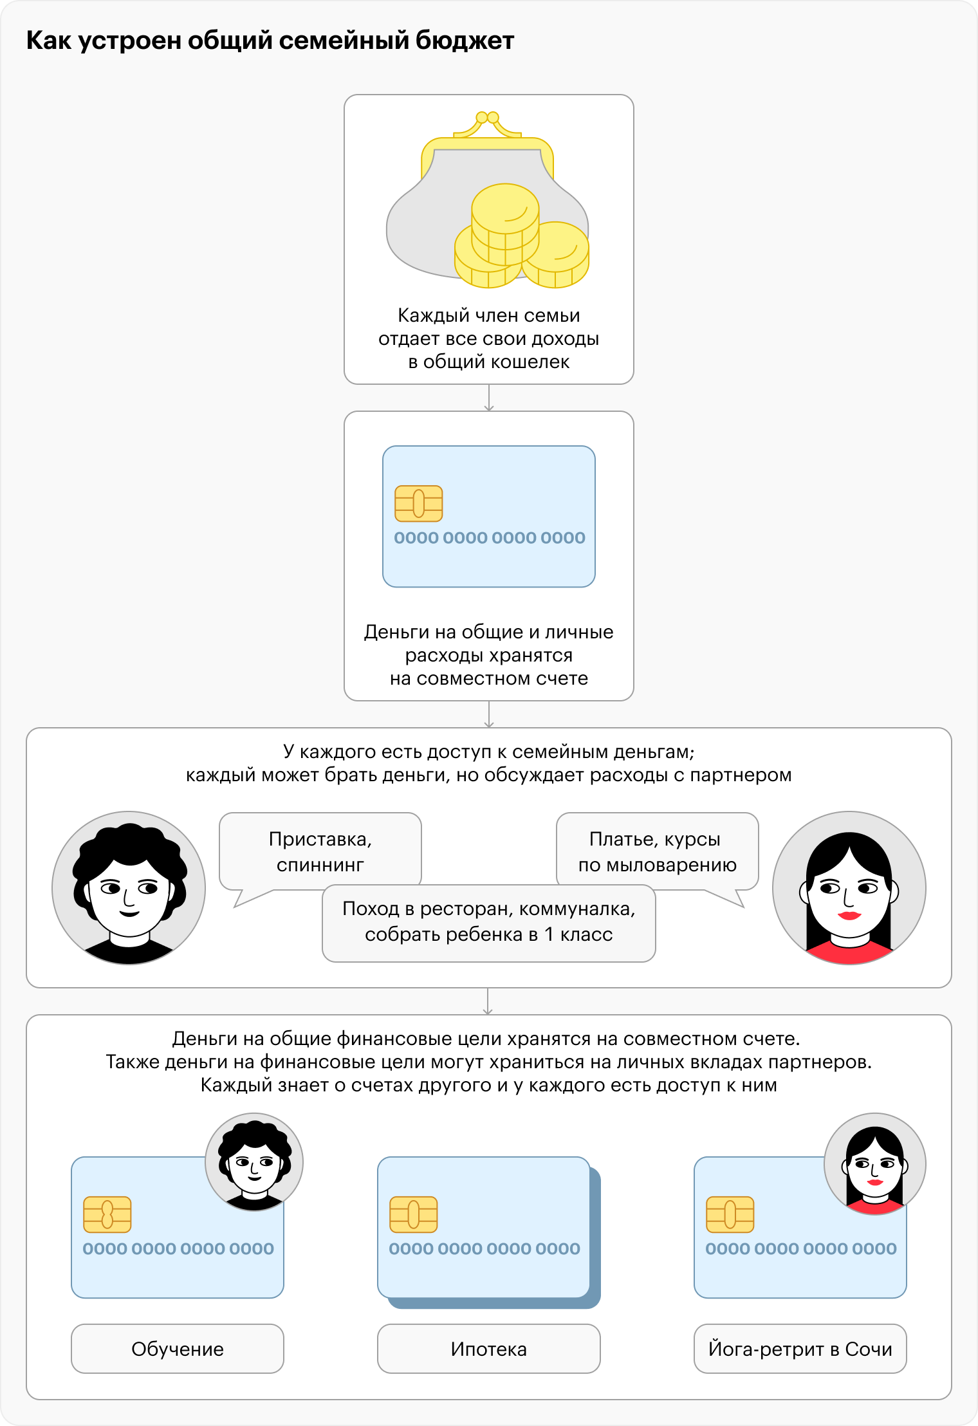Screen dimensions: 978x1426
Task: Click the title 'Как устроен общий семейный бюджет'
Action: [x=270, y=41]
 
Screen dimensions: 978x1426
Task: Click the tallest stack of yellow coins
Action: [x=505, y=225]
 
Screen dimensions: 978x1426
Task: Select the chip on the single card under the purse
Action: [x=419, y=503]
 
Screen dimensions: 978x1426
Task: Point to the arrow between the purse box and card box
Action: [x=489, y=398]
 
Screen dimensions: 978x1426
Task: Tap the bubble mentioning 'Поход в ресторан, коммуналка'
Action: [x=489, y=923]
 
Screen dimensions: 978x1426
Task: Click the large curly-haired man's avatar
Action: [x=129, y=888]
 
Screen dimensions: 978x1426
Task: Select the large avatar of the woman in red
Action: [x=849, y=888]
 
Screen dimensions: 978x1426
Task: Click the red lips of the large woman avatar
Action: [x=849, y=915]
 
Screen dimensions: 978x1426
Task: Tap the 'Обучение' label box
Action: [x=178, y=1349]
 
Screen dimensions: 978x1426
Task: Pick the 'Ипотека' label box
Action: [x=489, y=1349]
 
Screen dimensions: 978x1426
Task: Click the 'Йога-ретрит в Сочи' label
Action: [x=800, y=1349]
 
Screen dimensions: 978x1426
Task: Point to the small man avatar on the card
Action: [x=254, y=1162]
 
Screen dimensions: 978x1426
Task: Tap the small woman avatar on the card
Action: [x=875, y=1163]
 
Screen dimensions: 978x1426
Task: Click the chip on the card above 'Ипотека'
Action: [x=414, y=1214]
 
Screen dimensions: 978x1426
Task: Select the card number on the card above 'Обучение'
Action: [x=178, y=1249]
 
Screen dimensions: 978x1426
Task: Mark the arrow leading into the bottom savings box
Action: [x=488, y=1001]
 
